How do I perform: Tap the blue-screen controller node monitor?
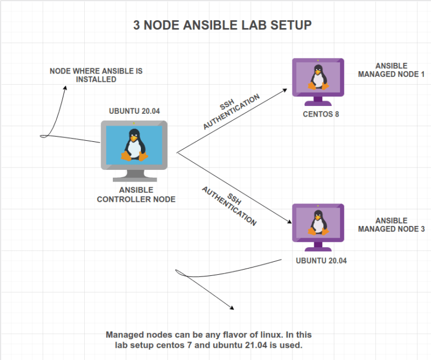coord(134,144)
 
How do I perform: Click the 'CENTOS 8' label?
coord(318,114)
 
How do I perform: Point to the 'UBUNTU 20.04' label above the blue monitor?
coord(134,111)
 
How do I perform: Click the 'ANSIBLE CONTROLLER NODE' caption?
coord(136,195)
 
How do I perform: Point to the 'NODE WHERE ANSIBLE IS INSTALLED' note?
coord(96,75)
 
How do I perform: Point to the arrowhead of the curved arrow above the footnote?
coord(231,307)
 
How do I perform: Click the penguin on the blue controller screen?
coord(134,144)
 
